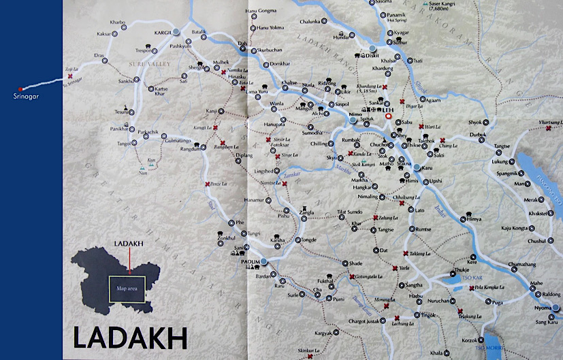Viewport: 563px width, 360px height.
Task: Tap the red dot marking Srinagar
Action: tap(20, 89)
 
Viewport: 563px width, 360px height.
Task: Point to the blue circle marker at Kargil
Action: tap(176, 32)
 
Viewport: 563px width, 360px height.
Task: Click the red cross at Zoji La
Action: tap(70, 77)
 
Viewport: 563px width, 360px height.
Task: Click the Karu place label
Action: tap(427, 167)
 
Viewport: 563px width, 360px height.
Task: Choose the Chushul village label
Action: tap(536, 241)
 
